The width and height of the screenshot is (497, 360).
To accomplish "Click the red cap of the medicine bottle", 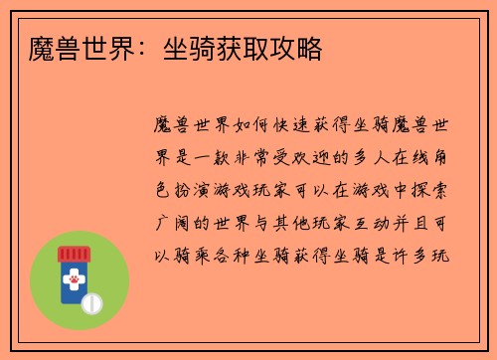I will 75,256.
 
